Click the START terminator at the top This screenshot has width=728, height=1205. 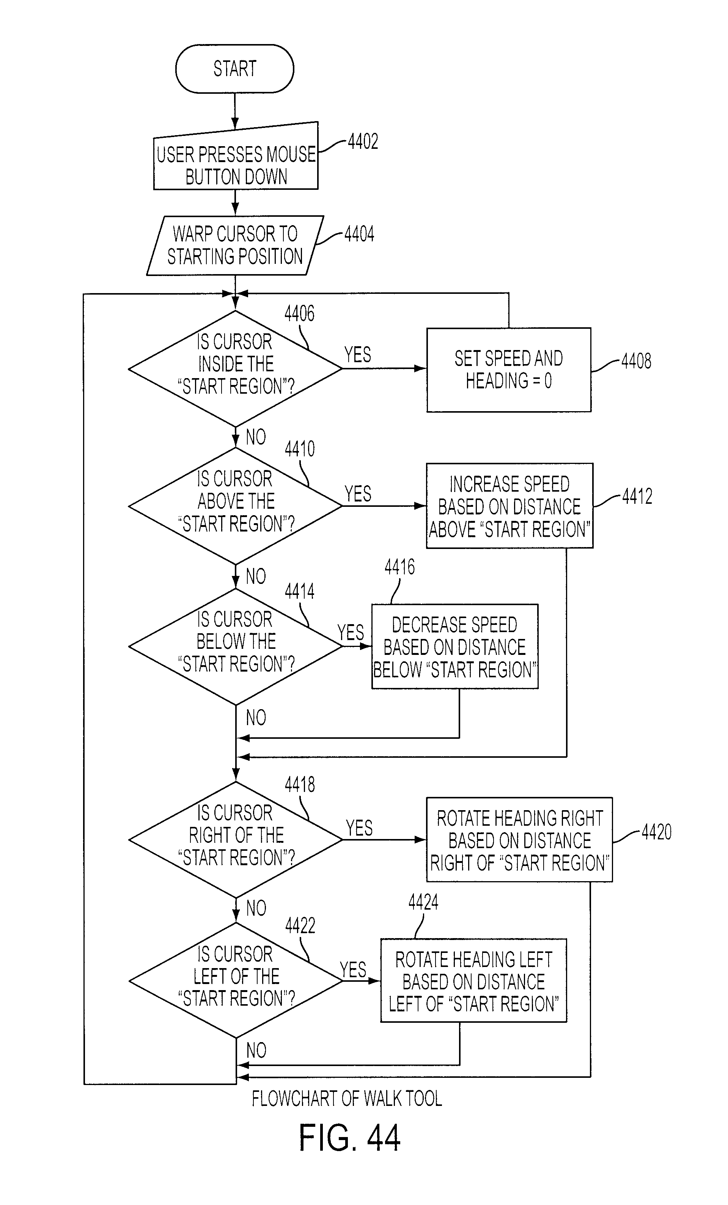pyautogui.click(x=234, y=68)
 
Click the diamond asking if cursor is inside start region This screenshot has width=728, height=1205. pyautogui.click(x=235, y=369)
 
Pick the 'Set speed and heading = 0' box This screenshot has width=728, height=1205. pyautogui.click(x=509, y=370)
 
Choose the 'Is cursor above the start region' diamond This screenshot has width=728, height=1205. pyautogui.click(x=235, y=506)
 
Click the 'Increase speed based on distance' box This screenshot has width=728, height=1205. pyautogui.click(x=509, y=506)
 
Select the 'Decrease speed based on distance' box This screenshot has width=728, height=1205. pyautogui.click(x=455, y=647)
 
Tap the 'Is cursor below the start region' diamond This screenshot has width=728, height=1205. pyautogui.click(x=235, y=647)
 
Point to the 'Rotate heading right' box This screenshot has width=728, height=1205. pyautogui.click(x=519, y=840)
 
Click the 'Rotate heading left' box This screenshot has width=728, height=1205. pyautogui.click(x=473, y=981)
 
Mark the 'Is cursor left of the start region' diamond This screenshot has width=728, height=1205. pyautogui.click(x=236, y=981)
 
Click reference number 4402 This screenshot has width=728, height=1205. pyautogui.click(x=363, y=142)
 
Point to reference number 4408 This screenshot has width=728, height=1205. pyautogui.click(x=636, y=361)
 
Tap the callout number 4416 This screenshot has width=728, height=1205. pyautogui.click(x=400, y=567)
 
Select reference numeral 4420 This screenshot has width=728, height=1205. pyautogui.click(x=657, y=832)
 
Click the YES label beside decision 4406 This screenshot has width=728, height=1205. pyautogui.click(x=358, y=355)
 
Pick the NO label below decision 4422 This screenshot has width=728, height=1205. pyautogui.click(x=256, y=1050)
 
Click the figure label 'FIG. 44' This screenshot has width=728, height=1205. pyautogui.click(x=350, y=1138)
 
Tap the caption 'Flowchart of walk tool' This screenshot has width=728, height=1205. pyautogui.click(x=347, y=1098)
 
